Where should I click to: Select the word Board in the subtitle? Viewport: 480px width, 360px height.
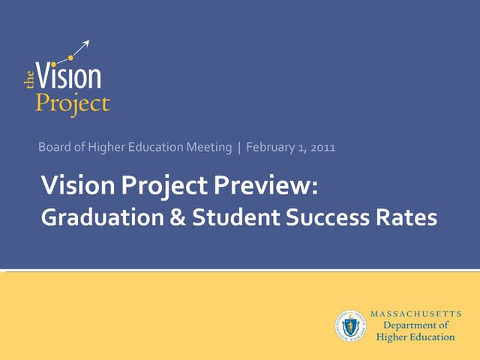(x=52, y=148)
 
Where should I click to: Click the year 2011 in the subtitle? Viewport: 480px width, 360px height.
(x=322, y=148)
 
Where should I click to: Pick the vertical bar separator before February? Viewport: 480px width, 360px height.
(x=239, y=148)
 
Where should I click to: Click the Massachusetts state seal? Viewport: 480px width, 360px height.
(x=350, y=325)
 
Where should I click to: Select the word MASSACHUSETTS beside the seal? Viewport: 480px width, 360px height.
(x=415, y=313)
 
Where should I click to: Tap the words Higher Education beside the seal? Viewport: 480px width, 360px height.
(x=415, y=337)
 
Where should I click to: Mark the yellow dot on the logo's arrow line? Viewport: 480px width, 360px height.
(x=70, y=57)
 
